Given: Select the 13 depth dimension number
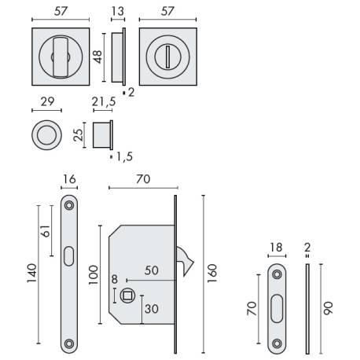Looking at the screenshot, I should pos(118,10).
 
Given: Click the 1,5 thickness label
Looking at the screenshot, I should pos(122,156).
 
